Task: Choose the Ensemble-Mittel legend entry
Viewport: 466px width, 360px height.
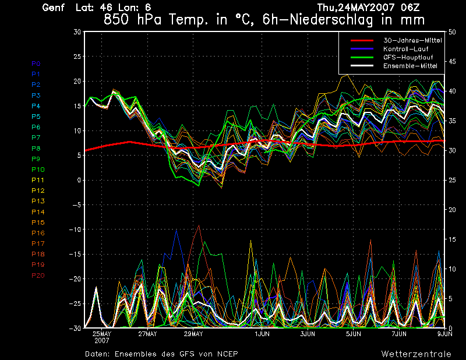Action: click(x=409, y=66)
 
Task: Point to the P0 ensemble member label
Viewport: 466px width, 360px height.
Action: click(x=36, y=63)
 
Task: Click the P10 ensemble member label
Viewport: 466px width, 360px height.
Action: click(x=37, y=170)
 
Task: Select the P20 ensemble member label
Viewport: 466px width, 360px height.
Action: click(x=38, y=276)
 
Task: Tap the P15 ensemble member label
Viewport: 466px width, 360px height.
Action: click(x=38, y=223)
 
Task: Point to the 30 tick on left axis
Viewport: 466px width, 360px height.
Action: click(x=77, y=32)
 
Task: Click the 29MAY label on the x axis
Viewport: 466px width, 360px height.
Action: click(x=193, y=334)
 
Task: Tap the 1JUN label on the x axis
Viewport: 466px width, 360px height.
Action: click(x=262, y=334)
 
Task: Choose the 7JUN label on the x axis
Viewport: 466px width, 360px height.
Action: click(x=398, y=334)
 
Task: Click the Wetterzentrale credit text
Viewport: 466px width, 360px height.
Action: click(x=416, y=354)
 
